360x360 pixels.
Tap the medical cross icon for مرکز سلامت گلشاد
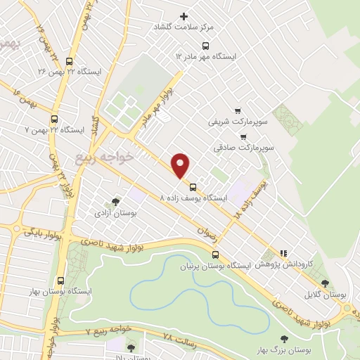pos(184,16)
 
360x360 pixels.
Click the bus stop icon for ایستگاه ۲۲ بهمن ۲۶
pos(68,61)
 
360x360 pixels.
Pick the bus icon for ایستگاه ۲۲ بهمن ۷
pos(55,119)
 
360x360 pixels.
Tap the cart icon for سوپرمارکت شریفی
pos(238,110)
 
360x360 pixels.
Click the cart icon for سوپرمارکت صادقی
pos(243,137)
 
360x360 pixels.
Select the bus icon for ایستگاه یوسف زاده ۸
pos(193,187)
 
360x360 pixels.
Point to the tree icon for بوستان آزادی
pos(115,202)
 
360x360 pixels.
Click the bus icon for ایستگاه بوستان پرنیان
pos(216,255)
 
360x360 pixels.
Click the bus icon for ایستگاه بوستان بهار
pos(60,280)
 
